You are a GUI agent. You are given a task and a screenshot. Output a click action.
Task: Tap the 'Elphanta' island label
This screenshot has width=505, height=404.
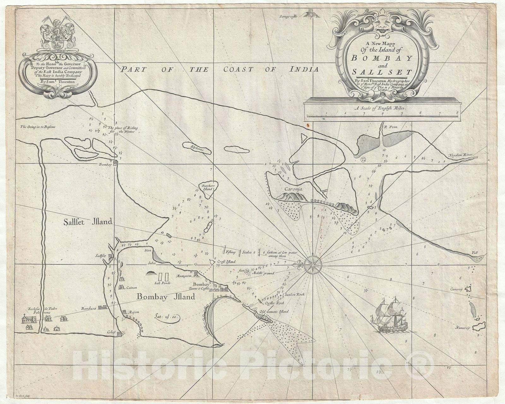point(197,147)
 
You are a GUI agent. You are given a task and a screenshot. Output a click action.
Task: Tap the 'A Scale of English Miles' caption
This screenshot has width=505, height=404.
point(381,108)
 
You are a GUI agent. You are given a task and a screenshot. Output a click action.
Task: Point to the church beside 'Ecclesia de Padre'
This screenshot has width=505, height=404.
point(28,319)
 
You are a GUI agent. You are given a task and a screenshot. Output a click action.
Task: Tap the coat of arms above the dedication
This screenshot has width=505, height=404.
point(57,35)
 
